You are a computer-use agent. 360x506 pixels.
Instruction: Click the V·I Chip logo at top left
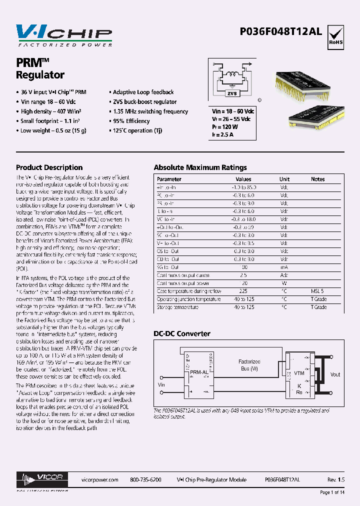tap(64, 35)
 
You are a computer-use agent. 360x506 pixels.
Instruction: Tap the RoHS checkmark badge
tap(335, 35)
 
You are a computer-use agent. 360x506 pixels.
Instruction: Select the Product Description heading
tap(49, 167)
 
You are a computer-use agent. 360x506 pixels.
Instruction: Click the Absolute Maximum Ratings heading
tap(200, 167)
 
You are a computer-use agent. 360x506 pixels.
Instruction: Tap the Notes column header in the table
tap(317, 179)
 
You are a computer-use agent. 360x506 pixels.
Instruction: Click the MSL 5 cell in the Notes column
tap(317, 291)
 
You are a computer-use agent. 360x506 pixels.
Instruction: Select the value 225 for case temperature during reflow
tap(243, 291)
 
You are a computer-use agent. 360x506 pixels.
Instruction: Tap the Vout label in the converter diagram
tap(335, 374)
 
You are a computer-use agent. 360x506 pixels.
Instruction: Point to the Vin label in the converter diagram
tap(161, 384)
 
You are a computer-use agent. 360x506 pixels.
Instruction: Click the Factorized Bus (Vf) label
tap(248, 364)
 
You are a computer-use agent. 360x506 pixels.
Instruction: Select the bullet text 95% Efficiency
tap(131, 121)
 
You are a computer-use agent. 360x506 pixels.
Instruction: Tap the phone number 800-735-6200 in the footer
tap(145, 479)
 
